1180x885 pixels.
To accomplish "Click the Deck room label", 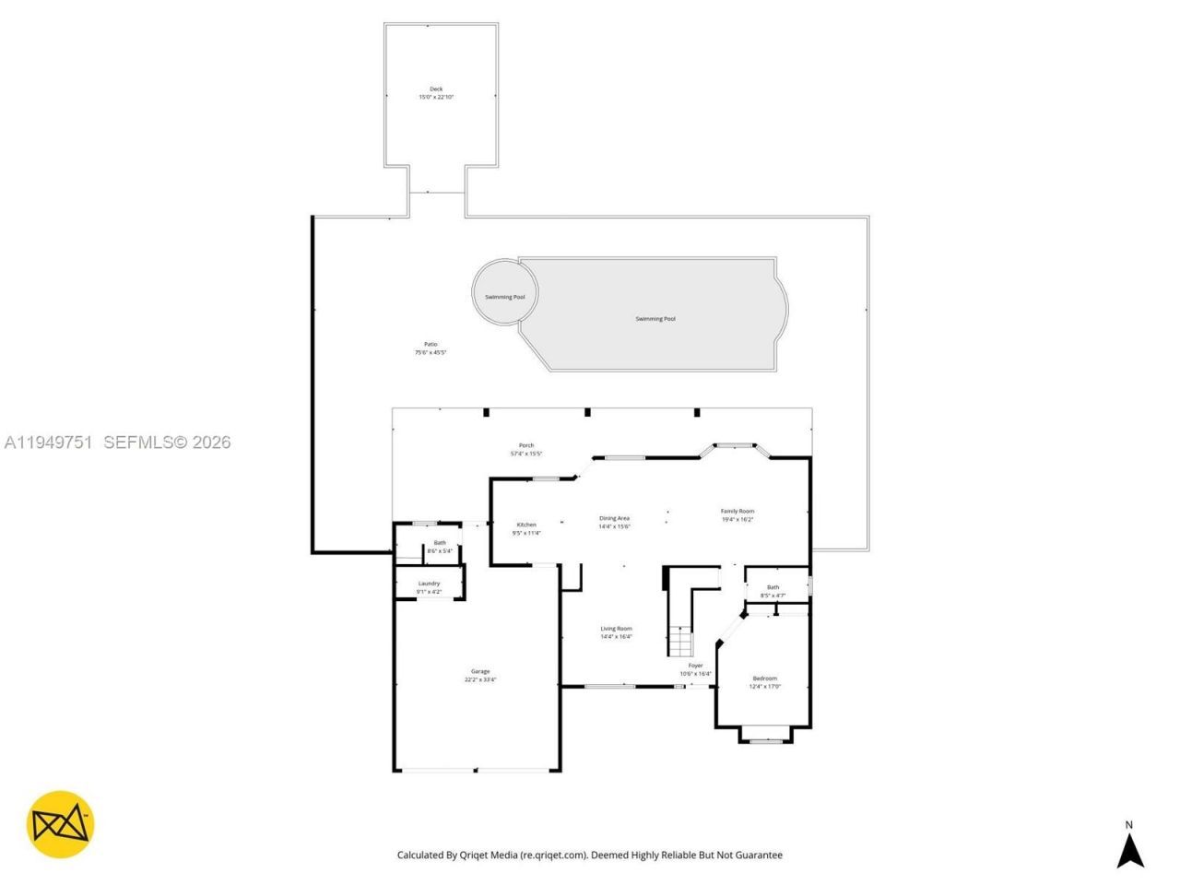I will [x=436, y=89].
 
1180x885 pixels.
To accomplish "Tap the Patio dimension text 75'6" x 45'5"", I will [x=431, y=353].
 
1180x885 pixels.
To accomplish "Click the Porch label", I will [x=526, y=445].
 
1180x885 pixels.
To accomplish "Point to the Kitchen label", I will [x=526, y=525].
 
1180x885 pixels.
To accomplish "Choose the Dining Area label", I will [x=614, y=518].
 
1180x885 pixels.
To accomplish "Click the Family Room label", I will [x=737, y=511].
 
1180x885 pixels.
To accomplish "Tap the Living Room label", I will [x=617, y=629].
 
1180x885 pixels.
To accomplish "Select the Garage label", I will [x=480, y=671].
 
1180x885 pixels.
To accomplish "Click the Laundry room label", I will [x=429, y=584].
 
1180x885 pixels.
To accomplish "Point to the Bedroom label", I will [x=764, y=678].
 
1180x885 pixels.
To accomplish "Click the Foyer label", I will [x=695, y=666].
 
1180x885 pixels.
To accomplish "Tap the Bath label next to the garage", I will [x=440, y=543].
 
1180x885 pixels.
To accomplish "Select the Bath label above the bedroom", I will [x=773, y=587].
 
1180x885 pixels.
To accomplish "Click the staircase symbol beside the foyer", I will [x=679, y=640].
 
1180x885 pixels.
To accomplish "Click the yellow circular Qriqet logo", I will [x=60, y=824].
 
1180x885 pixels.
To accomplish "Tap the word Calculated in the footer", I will [x=427, y=855].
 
